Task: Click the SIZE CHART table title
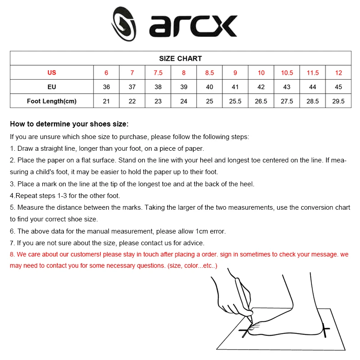pyautogui.click(x=180, y=58)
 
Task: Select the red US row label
pyautogui.click(x=52, y=73)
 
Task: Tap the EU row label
pyautogui.click(x=52, y=87)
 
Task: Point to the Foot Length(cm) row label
pyautogui.click(x=52, y=101)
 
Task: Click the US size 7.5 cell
pyautogui.click(x=158, y=73)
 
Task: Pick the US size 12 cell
pyautogui.click(x=338, y=73)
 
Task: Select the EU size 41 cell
pyautogui.click(x=235, y=87)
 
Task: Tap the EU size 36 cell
pyautogui.click(x=106, y=87)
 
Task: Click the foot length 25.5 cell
pyautogui.click(x=235, y=101)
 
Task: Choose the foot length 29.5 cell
pyautogui.click(x=338, y=101)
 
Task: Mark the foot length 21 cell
pyautogui.click(x=106, y=101)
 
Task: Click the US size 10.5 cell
pyautogui.click(x=287, y=73)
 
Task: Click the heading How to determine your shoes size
pyautogui.click(x=69, y=124)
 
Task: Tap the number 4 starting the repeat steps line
pyautogui.click(x=12, y=196)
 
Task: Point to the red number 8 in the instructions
pyautogui.click(x=12, y=254)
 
